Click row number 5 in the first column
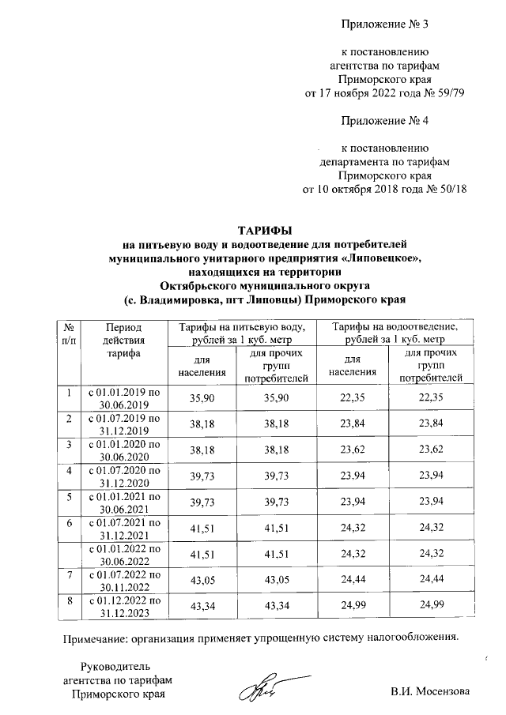coord(69,497)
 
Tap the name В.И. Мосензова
coord(430,691)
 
